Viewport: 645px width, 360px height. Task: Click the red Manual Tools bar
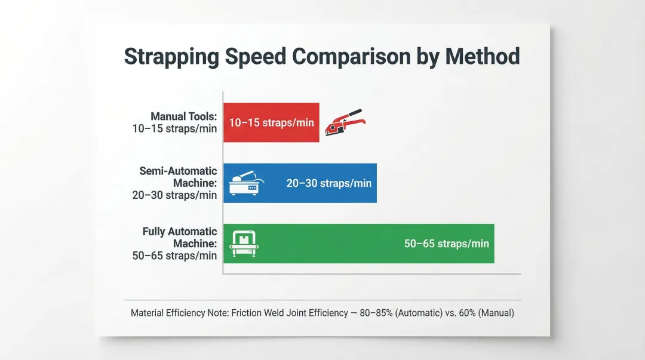[x=271, y=122]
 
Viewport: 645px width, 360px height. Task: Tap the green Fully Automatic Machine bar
[x=358, y=244]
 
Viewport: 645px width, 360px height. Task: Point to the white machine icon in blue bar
[x=245, y=183]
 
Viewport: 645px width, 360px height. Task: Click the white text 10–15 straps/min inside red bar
[x=271, y=122]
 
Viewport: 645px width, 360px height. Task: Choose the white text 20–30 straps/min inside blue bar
[x=328, y=183]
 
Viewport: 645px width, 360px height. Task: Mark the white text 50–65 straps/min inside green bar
[x=446, y=244]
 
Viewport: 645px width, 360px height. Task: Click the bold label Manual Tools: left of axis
[x=183, y=116]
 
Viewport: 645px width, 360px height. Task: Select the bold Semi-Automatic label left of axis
[x=178, y=171]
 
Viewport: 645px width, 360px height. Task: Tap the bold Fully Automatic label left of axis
[x=180, y=232]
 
